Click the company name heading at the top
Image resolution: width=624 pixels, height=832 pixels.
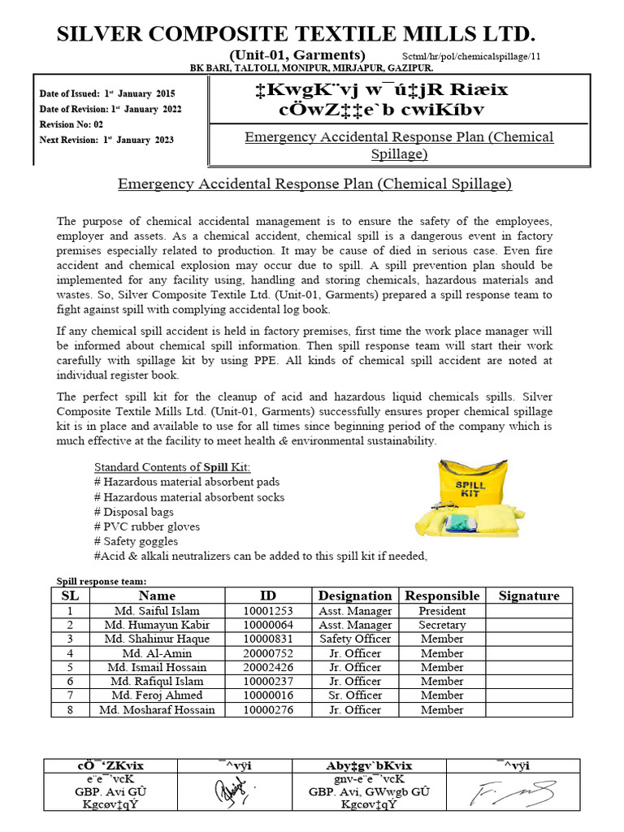coord(296,33)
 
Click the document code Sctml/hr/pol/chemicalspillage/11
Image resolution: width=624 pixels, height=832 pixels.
coord(471,56)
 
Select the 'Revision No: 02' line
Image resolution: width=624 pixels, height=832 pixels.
coord(71,124)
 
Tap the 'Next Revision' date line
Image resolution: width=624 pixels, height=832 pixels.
coord(106,140)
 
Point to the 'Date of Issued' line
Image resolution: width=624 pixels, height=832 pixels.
coord(107,94)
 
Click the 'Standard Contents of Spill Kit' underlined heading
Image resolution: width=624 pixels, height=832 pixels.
coord(172,467)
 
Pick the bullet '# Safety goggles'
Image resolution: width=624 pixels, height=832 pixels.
coord(136,541)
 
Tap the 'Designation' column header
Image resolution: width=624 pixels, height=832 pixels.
coord(355,596)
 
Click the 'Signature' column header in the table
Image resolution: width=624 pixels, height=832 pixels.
coord(529,596)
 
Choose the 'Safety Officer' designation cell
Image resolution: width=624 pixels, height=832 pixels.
coord(355,639)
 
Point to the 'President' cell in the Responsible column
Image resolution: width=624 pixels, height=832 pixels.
coord(442,611)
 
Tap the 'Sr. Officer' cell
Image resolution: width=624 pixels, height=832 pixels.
coord(355,695)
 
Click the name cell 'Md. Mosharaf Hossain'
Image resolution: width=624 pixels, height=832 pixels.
coord(157,709)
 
